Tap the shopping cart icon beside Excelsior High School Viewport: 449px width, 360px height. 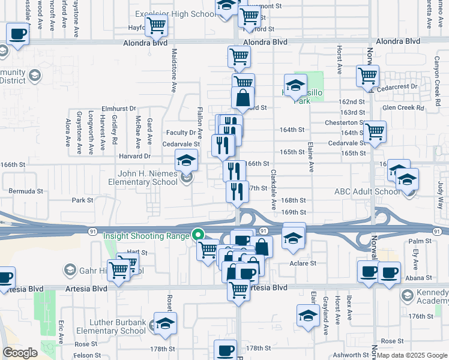[x=156, y=26]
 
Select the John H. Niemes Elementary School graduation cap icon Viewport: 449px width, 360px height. [x=186, y=160]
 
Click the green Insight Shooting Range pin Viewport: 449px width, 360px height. [x=197, y=235]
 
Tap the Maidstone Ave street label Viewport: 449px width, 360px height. [x=173, y=78]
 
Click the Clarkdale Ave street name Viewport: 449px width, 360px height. [x=273, y=189]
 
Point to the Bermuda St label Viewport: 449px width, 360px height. [x=26, y=191]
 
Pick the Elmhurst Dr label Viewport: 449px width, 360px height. [x=115, y=108]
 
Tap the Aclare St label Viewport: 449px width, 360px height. [x=303, y=263]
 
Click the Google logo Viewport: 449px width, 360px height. [x=20, y=353]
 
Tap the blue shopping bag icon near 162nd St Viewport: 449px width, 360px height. [x=243, y=98]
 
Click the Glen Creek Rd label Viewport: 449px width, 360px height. [x=403, y=108]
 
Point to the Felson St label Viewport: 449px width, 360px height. [x=84, y=355]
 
